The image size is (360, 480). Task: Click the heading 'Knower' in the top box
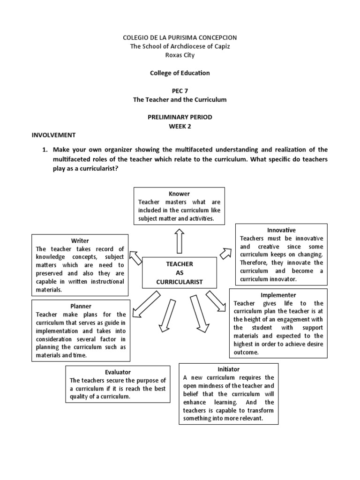tap(179, 194)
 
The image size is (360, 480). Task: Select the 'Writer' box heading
tap(80, 241)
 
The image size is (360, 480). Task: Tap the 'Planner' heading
tap(81, 306)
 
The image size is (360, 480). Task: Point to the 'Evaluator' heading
tap(118, 372)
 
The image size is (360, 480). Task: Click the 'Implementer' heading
tap(278, 295)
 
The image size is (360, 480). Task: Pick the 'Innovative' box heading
tap(281, 230)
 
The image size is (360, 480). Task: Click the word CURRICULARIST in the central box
tap(179, 282)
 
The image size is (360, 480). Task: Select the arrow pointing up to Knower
tap(179, 241)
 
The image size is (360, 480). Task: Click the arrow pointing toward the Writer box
tap(135, 257)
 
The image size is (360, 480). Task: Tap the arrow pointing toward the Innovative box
tap(225, 253)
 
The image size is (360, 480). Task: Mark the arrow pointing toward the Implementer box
tap(216, 300)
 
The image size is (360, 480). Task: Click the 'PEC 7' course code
tap(180, 90)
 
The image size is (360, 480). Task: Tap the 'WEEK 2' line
tap(180, 126)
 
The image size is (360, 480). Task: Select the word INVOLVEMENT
tap(53, 135)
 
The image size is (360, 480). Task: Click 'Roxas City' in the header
tap(180, 55)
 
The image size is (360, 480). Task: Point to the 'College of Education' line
tap(180, 73)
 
